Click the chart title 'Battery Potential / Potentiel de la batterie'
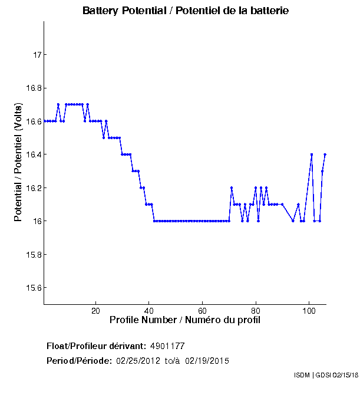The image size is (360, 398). (x=186, y=11)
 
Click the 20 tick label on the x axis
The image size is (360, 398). (x=96, y=310)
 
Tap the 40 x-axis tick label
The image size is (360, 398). (x=149, y=310)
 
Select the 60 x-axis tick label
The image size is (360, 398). (x=203, y=310)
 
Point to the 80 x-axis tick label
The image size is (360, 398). (x=256, y=310)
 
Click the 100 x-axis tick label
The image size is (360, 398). (x=309, y=310)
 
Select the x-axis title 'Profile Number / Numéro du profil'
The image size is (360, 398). (x=185, y=320)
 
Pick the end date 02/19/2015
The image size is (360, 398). (x=207, y=361)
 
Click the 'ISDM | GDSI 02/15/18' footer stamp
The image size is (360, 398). (x=325, y=375)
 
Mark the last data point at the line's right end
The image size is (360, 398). (x=325, y=154)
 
